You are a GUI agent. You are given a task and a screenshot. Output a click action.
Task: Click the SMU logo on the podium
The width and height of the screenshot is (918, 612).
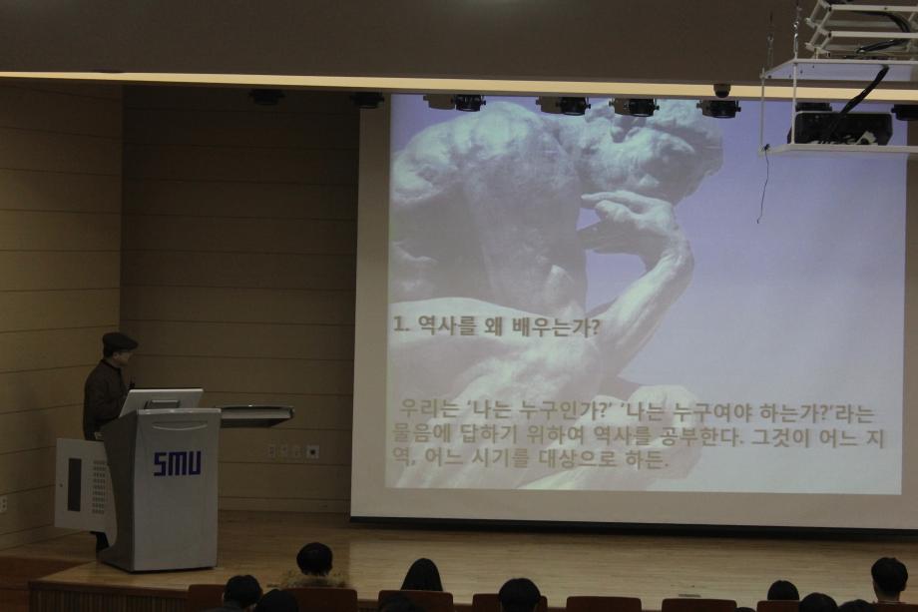pyautogui.click(x=177, y=463)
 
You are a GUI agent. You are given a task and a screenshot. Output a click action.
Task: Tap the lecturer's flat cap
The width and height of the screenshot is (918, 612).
pyautogui.click(x=119, y=341)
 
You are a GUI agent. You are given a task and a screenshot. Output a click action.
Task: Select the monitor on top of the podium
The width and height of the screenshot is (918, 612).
pyautogui.click(x=161, y=400)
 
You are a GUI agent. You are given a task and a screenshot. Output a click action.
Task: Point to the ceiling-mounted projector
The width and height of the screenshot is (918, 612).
pyautogui.click(x=839, y=126)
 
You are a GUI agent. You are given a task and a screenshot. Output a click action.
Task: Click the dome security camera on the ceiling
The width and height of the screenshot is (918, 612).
pyautogui.click(x=721, y=90)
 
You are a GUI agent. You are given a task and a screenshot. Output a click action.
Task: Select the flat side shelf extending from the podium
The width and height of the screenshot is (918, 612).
pyautogui.click(x=255, y=412)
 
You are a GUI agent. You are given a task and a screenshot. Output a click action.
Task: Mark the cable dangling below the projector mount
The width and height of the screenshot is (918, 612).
pyautogui.click(x=763, y=186)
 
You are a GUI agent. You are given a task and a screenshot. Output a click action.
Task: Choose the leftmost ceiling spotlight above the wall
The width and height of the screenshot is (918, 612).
pyautogui.click(x=266, y=97)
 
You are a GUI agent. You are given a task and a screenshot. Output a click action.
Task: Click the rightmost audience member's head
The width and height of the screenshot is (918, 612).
pyautogui.click(x=888, y=576)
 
